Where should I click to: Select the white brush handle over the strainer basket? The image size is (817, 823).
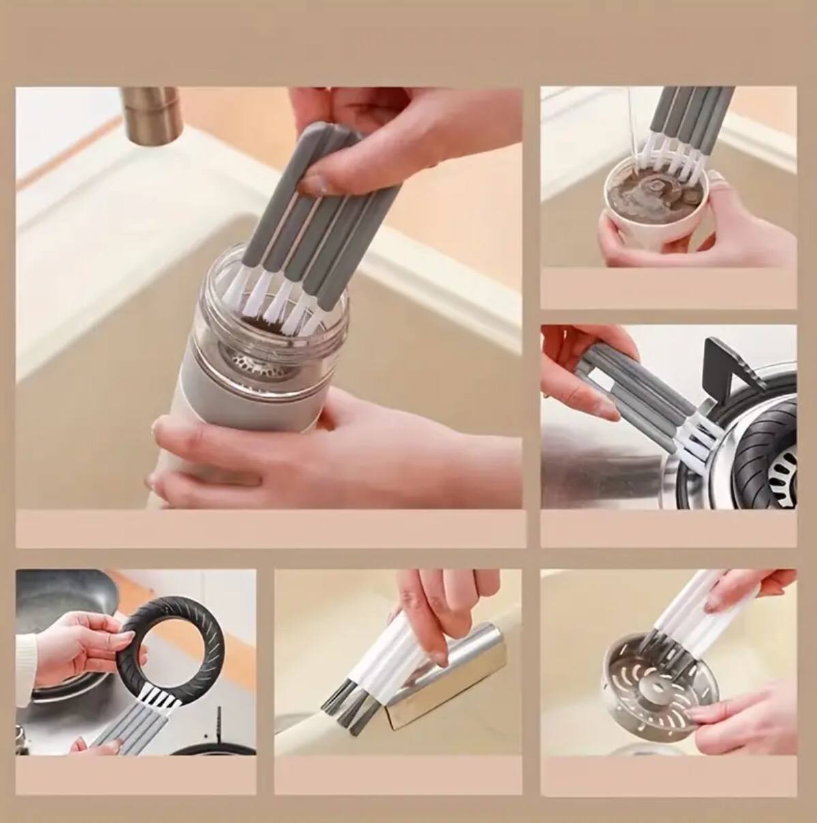pos(682,607)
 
